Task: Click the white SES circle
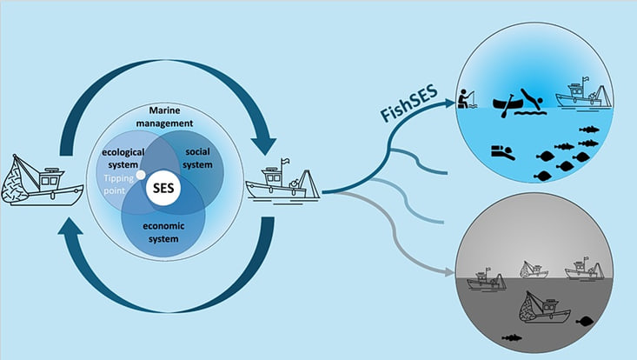[163, 188]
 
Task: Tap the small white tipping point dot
[141, 175]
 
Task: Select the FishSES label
[409, 103]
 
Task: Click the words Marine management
[164, 117]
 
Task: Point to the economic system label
[163, 232]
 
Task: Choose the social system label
[198, 158]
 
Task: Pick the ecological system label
[123, 158]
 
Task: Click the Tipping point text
[118, 184]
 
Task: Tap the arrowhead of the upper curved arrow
[263, 145]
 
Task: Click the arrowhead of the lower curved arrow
[70, 225]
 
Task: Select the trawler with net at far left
[43, 180]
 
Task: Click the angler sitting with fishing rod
[466, 99]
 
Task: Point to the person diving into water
[532, 99]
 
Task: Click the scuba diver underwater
[502, 152]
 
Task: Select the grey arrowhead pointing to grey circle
[449, 272]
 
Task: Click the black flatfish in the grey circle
[584, 322]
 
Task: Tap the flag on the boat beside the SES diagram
[286, 162]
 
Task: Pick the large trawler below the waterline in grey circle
[545, 307]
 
